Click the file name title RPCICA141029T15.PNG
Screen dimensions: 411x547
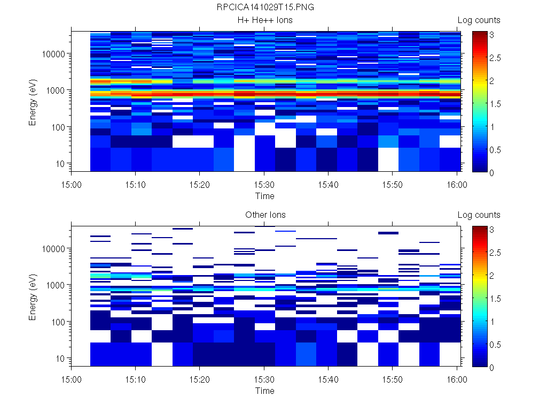(x=265, y=7)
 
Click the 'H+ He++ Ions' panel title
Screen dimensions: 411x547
(x=265, y=20)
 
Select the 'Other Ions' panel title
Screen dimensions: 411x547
(x=265, y=215)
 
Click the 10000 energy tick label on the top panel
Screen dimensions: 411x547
(x=53, y=54)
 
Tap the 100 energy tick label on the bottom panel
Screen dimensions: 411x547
(x=58, y=322)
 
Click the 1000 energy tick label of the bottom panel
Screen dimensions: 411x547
(x=56, y=285)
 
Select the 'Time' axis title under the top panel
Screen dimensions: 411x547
(x=265, y=196)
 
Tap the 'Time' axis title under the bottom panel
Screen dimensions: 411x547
(x=265, y=391)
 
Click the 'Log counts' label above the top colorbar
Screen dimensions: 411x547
(x=479, y=20)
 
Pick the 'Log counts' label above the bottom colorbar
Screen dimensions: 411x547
(x=479, y=215)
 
